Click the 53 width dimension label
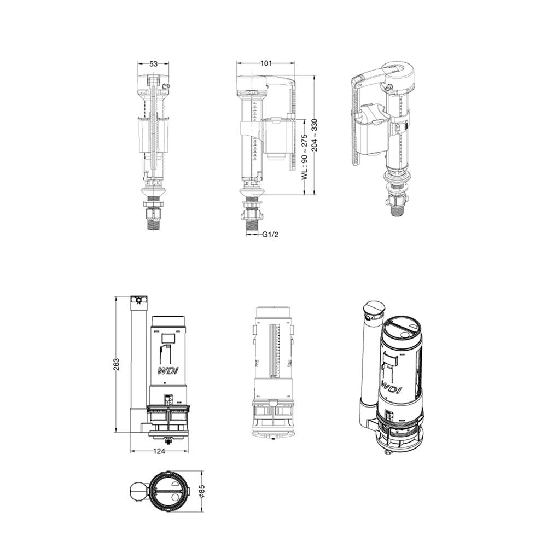(154, 63)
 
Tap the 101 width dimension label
(266, 63)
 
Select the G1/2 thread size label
(270, 235)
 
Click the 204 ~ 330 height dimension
(315, 135)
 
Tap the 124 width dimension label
(159, 451)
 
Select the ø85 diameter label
(202, 491)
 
